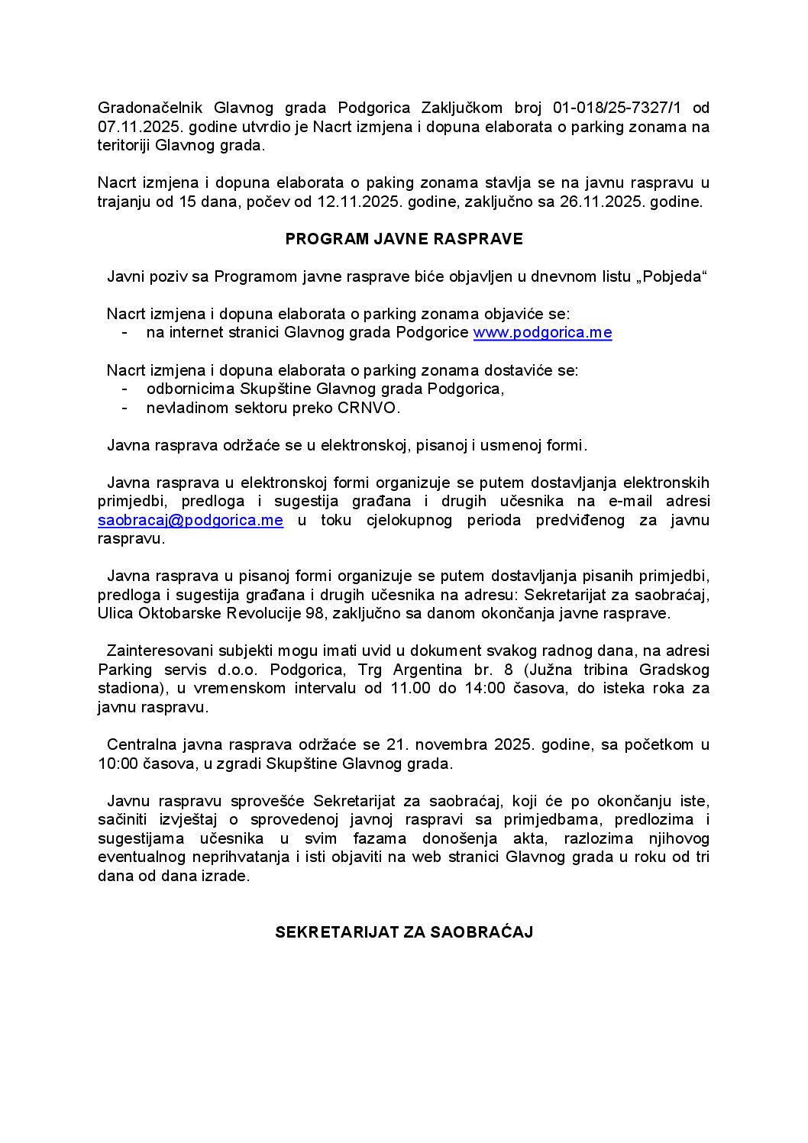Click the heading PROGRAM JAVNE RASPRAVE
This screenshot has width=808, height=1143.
pyautogui.click(x=404, y=239)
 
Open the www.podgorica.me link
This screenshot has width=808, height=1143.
pyautogui.click(x=542, y=333)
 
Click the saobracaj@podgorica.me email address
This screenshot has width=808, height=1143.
pyautogui.click(x=190, y=521)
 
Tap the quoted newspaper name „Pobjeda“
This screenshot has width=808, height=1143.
pyautogui.click(x=671, y=276)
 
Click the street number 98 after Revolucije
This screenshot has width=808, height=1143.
pyautogui.click(x=320, y=613)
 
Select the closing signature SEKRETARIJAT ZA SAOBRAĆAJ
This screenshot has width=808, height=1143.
pyautogui.click(x=404, y=932)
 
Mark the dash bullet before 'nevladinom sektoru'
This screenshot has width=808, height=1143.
pyautogui.click(x=124, y=408)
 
